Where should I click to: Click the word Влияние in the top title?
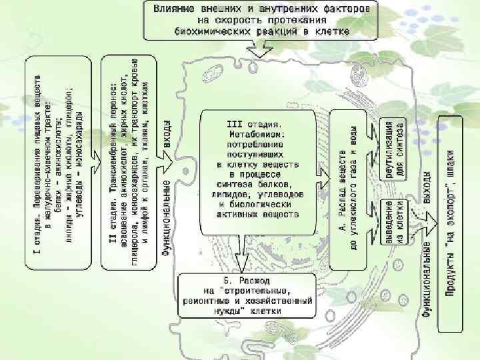(x=175, y=9)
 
